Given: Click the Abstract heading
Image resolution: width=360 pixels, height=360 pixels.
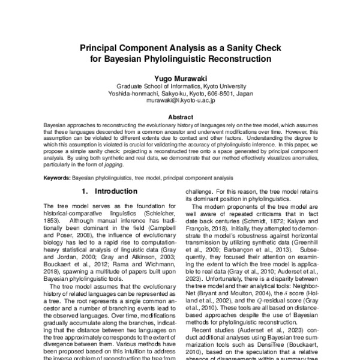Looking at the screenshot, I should pos(180,116).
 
